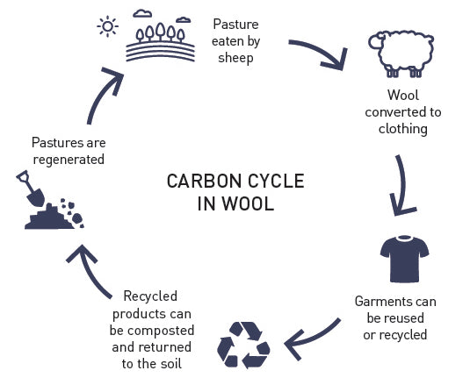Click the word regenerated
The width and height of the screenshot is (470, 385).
pos(69,160)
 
